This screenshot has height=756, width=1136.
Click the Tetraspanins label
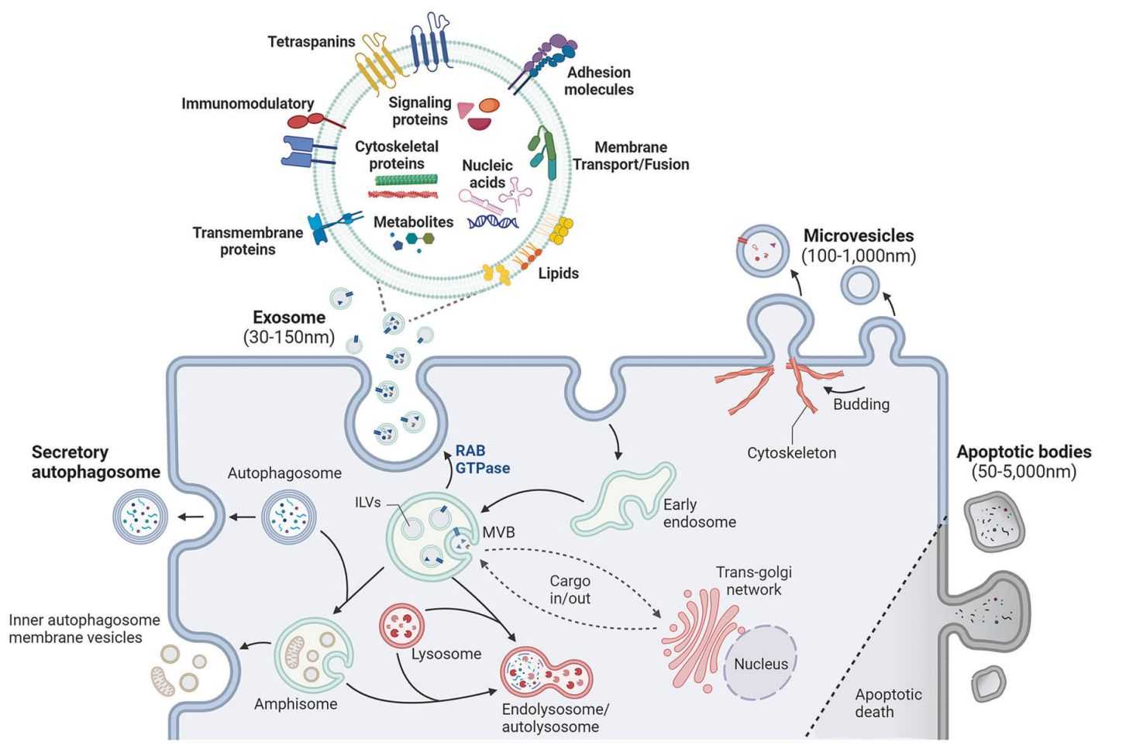tap(312, 42)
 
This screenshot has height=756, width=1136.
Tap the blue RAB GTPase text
tap(482, 459)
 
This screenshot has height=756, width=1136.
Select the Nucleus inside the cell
tap(760, 663)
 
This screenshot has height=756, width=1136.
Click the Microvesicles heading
tap(858, 235)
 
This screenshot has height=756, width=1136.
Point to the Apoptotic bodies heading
tap(1023, 452)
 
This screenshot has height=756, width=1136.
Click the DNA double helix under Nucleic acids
tap(493, 222)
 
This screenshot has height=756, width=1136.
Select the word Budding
tap(861, 404)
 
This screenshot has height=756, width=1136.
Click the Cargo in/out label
tap(570, 589)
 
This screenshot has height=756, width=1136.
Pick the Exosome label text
tap(289, 318)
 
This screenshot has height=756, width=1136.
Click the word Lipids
tap(558, 273)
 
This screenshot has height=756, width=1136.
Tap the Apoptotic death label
tap(888, 703)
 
